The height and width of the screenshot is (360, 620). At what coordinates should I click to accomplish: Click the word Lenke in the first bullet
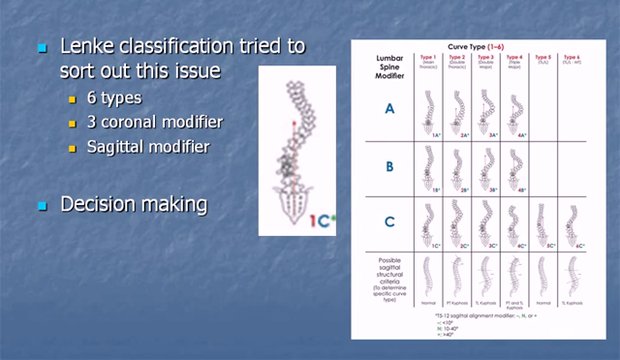point(97,46)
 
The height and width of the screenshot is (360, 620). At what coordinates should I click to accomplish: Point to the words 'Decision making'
point(134,204)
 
